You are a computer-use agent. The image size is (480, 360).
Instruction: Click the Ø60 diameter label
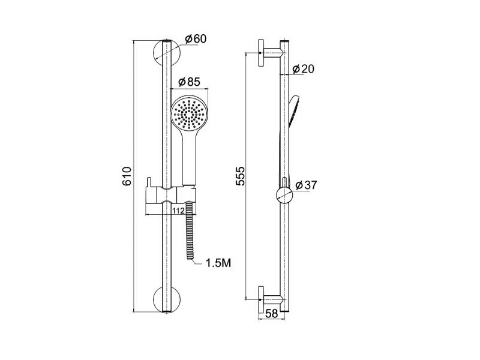coord(196,39)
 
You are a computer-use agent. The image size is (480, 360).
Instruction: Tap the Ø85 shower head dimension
coord(189,82)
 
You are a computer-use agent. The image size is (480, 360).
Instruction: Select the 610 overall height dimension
coord(127,176)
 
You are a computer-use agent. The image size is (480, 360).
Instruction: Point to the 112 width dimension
coord(178,211)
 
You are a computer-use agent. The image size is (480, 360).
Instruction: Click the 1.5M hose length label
coord(218,263)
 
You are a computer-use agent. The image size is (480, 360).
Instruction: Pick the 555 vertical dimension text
coord(241,176)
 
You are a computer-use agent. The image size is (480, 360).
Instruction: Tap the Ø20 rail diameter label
coord(303,69)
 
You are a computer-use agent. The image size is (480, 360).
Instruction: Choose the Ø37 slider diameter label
coord(307,185)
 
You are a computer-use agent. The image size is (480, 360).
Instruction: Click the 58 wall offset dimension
coord(272,314)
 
